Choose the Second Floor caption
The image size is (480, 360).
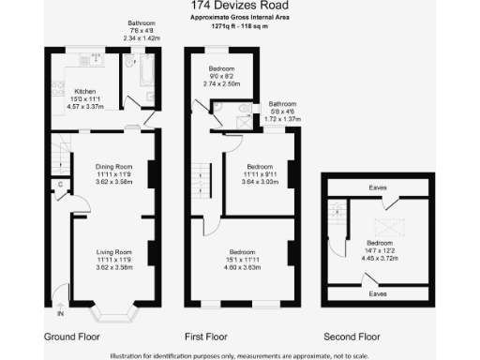(352, 335)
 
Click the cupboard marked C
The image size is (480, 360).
(59, 185)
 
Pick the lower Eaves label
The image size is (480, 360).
(378, 293)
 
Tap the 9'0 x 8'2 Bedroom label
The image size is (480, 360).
(221, 70)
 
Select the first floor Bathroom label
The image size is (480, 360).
(281, 104)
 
